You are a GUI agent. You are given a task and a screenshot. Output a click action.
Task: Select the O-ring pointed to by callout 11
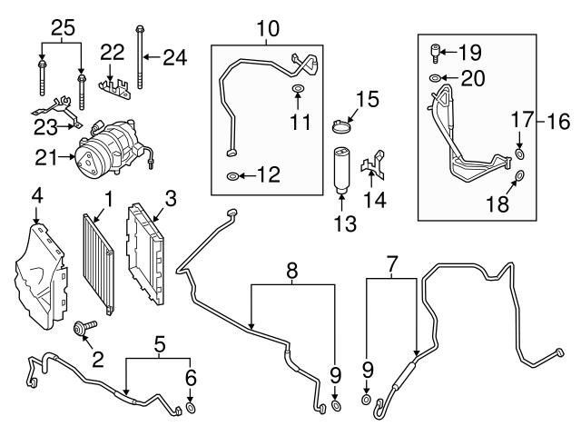point(297,90)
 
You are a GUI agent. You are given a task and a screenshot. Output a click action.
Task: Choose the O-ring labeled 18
point(518,175)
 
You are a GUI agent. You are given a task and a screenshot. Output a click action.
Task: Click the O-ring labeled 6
point(192,408)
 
